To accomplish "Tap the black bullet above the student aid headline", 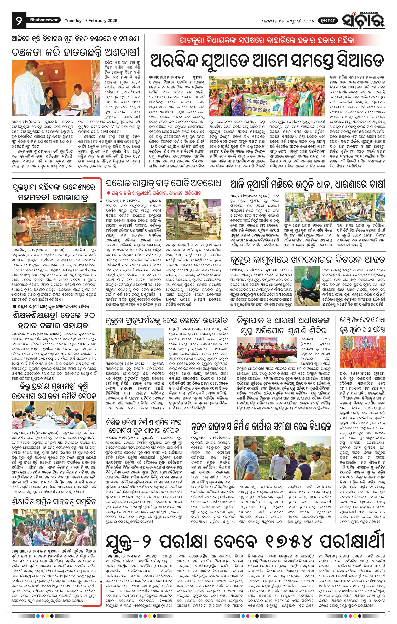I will (x=15, y=306).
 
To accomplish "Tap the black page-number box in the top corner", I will (x=19, y=21).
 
